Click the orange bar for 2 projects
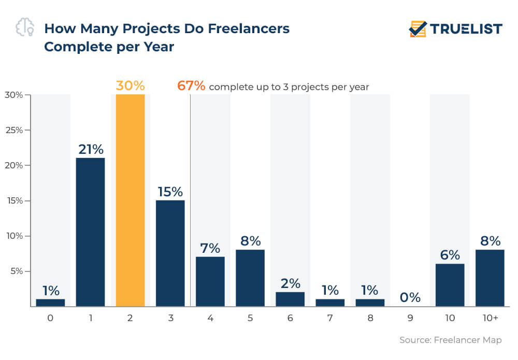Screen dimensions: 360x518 (130, 200)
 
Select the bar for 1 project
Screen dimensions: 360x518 (90, 232)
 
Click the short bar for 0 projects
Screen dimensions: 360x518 (50, 303)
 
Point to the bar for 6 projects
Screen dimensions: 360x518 (290, 299)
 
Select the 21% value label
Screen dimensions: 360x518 (91, 149)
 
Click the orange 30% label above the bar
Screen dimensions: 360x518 (130, 85)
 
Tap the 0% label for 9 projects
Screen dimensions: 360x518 (410, 297)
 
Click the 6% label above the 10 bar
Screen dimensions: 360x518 (450, 255)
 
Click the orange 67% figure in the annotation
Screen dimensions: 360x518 (191, 86)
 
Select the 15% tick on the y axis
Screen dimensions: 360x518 (15, 200)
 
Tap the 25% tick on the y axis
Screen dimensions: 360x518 (15, 130)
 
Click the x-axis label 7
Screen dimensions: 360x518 (330, 318)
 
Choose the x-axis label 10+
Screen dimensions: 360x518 (490, 318)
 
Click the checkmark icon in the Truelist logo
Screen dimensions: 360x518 (417, 28)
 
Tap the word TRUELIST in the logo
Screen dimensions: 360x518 (466, 29)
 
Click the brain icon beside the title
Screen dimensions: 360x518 (25, 28)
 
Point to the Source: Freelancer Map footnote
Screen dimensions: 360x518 (450, 340)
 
